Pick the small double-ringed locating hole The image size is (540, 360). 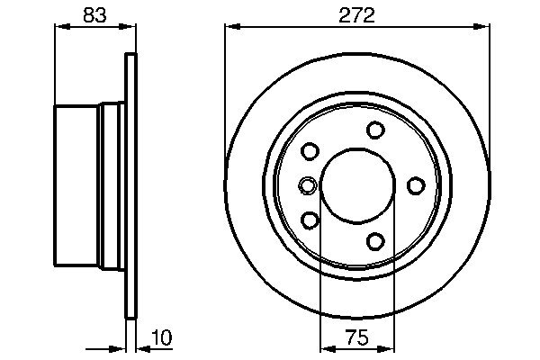point(308,186)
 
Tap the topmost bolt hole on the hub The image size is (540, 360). point(375,130)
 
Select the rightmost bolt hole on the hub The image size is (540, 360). point(417,185)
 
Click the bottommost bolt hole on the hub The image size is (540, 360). point(375,241)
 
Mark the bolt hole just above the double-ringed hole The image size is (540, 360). point(310,151)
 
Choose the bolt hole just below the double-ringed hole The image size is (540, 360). point(310,220)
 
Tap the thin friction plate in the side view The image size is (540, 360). point(131,185)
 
